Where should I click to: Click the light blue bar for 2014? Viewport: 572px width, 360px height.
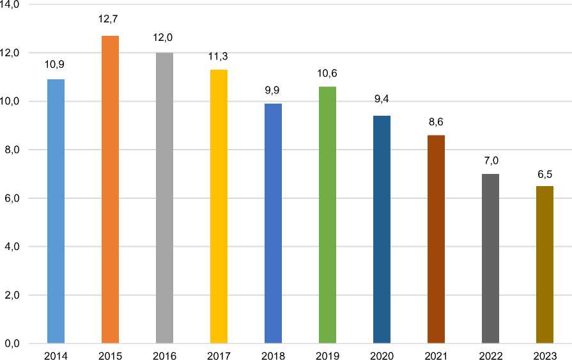point(56,211)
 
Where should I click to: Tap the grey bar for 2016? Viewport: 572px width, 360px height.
point(164,198)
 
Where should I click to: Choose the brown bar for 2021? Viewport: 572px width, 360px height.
point(436,239)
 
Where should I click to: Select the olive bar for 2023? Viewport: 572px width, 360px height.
point(545,265)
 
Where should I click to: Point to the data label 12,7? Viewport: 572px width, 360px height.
point(109,20)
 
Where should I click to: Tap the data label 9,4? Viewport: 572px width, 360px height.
point(381,100)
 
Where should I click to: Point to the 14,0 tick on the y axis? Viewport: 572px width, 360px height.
point(12,4)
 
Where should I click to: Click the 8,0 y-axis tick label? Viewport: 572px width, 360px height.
point(12,150)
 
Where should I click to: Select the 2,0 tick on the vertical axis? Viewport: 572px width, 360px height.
point(12,295)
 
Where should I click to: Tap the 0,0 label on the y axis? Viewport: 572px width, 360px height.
point(12,344)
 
